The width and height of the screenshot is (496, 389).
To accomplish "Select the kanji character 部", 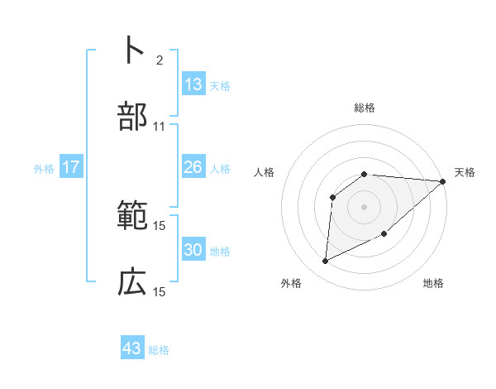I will click(132, 117).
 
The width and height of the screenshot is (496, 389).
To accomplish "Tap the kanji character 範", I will click(132, 216).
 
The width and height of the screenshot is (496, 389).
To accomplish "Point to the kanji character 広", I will click(132, 282).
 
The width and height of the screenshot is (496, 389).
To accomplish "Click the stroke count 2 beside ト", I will click(160, 60).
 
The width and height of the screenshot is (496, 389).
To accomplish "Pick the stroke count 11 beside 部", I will click(160, 127).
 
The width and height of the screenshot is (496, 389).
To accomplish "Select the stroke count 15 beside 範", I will click(160, 225).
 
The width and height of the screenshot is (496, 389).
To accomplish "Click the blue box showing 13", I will click(193, 84).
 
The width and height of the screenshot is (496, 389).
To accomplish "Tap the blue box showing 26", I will click(193, 167).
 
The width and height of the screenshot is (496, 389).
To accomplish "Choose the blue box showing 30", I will click(193, 250).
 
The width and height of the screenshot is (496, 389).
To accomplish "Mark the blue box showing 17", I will click(71, 167).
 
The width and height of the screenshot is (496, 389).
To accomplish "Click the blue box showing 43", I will click(132, 348).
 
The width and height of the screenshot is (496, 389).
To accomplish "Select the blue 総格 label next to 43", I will click(159, 350).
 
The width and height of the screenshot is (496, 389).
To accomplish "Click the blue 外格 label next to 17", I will click(44, 169).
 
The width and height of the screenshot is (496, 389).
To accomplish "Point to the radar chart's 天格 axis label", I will click(465, 172).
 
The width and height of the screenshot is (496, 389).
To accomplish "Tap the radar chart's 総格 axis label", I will click(365, 108).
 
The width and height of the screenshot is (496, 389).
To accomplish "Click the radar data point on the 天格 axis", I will click(442, 181).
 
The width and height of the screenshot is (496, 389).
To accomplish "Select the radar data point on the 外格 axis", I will click(325, 262).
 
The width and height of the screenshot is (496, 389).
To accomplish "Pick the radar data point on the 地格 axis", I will click(385, 235).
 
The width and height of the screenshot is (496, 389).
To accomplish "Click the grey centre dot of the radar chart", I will click(365, 206).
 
